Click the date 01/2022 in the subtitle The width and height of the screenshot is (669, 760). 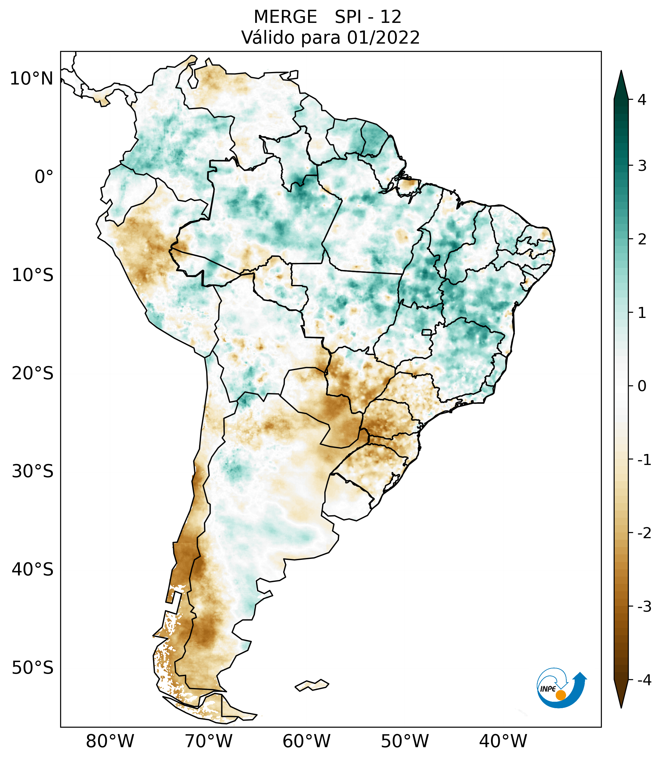coord(383,38)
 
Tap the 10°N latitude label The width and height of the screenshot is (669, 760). coord(32,79)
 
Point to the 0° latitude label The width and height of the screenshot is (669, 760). coord(44,177)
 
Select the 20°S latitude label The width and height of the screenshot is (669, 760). coord(33,373)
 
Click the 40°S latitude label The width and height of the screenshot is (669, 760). coord(33,570)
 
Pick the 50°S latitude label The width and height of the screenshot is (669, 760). coord(33,668)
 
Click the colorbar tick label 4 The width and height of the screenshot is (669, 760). coord(642,100)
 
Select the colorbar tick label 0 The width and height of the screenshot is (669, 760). coord(642,386)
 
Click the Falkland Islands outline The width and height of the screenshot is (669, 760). coord(312,685)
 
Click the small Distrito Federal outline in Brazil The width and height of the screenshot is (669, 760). coord(427,332)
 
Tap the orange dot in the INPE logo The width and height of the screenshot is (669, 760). coord(560,695)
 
